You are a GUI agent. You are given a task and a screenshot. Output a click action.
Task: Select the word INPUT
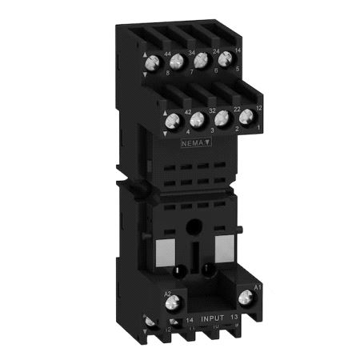point(214,318)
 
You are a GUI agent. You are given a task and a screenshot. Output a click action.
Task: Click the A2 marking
point(168,293)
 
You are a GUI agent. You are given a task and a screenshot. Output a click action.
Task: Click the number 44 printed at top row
point(168,54)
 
